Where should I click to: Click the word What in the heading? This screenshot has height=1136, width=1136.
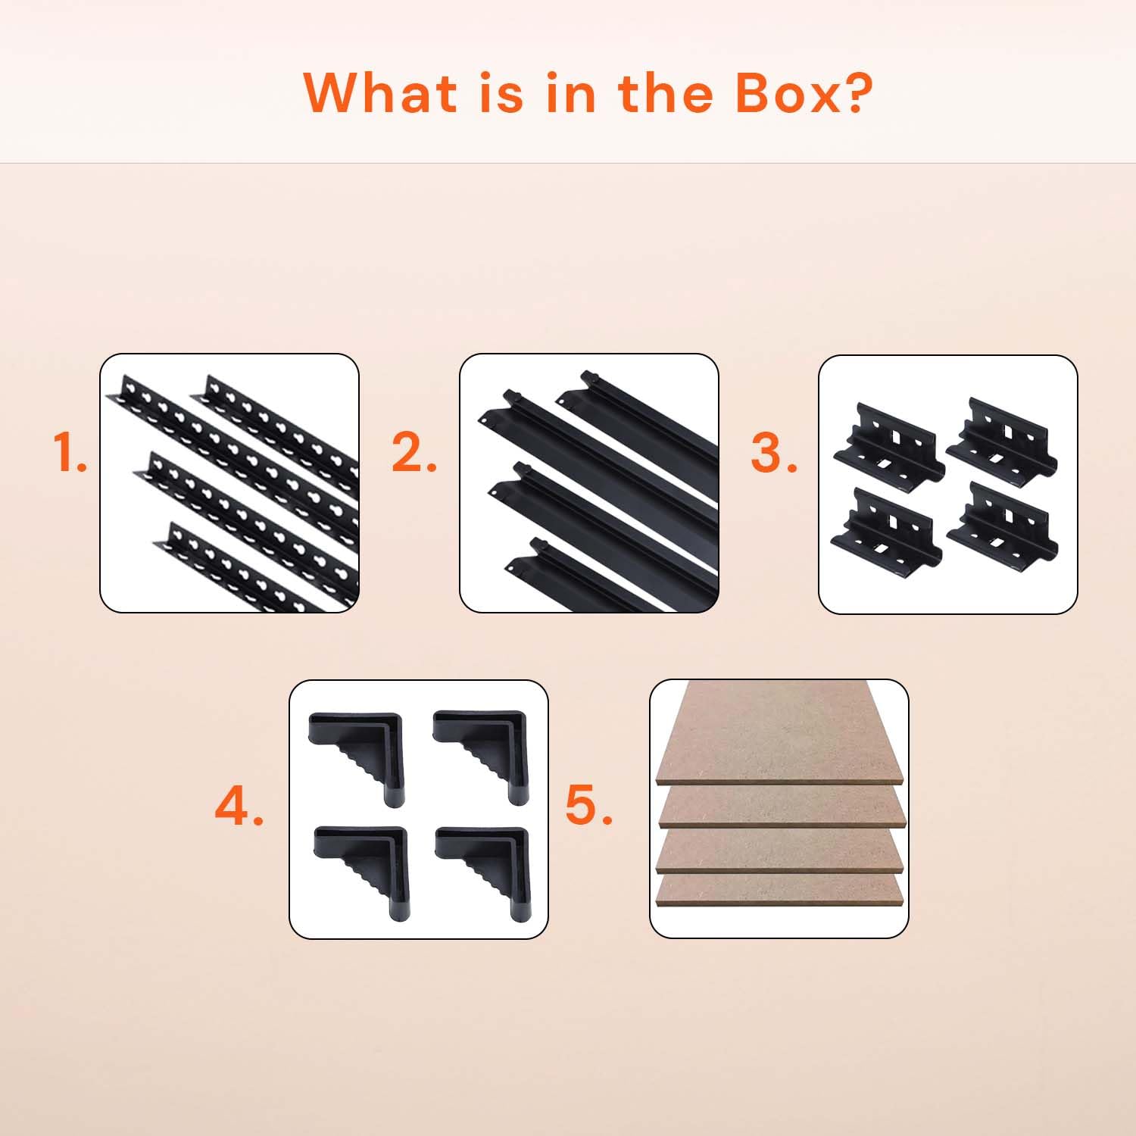[x=381, y=92]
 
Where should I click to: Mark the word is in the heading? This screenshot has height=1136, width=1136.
[x=501, y=92]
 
